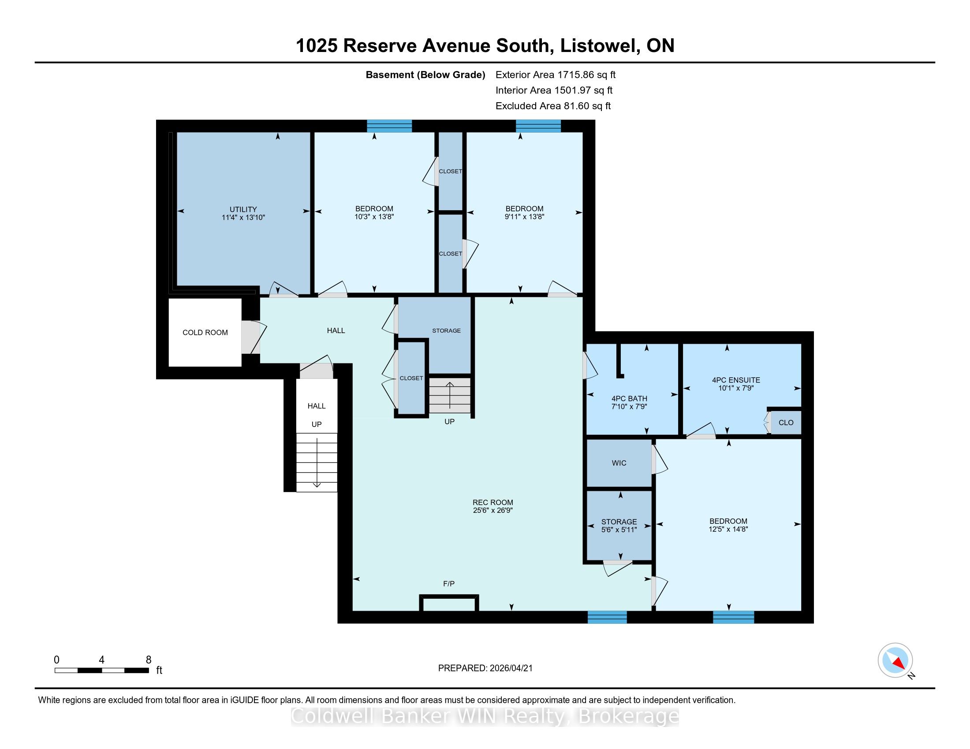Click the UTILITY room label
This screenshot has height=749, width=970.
(243, 209)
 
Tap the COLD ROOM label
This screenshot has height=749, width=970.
(205, 332)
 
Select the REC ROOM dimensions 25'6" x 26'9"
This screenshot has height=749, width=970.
(492, 510)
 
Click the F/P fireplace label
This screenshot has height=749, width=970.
(448, 583)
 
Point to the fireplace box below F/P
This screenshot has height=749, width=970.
(449, 604)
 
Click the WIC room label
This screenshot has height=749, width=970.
(619, 463)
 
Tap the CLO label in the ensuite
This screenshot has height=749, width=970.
(786, 423)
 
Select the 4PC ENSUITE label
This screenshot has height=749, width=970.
(735, 380)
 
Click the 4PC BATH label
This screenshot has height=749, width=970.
(629, 398)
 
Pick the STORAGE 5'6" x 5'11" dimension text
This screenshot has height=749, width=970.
(619, 529)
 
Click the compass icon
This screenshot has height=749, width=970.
(895, 660)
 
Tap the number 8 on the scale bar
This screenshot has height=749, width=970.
(148, 660)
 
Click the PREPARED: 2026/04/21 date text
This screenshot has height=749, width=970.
(485, 668)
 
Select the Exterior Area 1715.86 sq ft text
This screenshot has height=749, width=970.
(555, 74)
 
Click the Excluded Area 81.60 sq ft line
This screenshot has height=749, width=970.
(553, 106)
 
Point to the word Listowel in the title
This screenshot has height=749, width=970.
(599, 46)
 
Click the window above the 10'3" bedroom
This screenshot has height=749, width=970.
(389, 126)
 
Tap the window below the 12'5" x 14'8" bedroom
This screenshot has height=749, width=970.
(733, 617)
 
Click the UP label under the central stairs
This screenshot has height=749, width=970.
(449, 422)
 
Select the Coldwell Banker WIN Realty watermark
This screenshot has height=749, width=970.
(485, 716)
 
